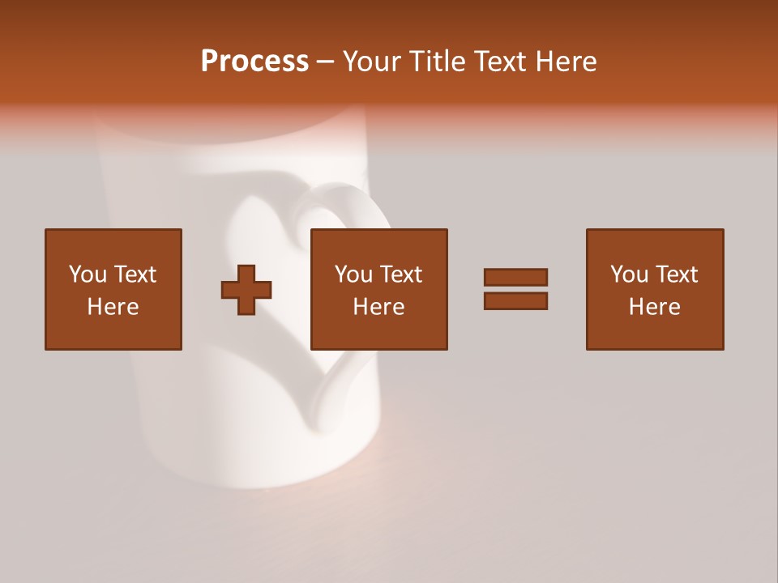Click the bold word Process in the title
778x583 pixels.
click(254, 62)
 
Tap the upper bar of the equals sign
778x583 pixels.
click(515, 277)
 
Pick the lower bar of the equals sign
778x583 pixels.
click(515, 300)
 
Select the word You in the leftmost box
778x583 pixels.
click(88, 274)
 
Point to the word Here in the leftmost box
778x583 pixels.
click(113, 307)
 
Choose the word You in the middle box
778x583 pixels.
click(354, 274)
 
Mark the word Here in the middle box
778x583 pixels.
click(378, 307)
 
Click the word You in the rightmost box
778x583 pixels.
click(630, 274)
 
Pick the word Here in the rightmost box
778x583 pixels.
click(654, 307)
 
